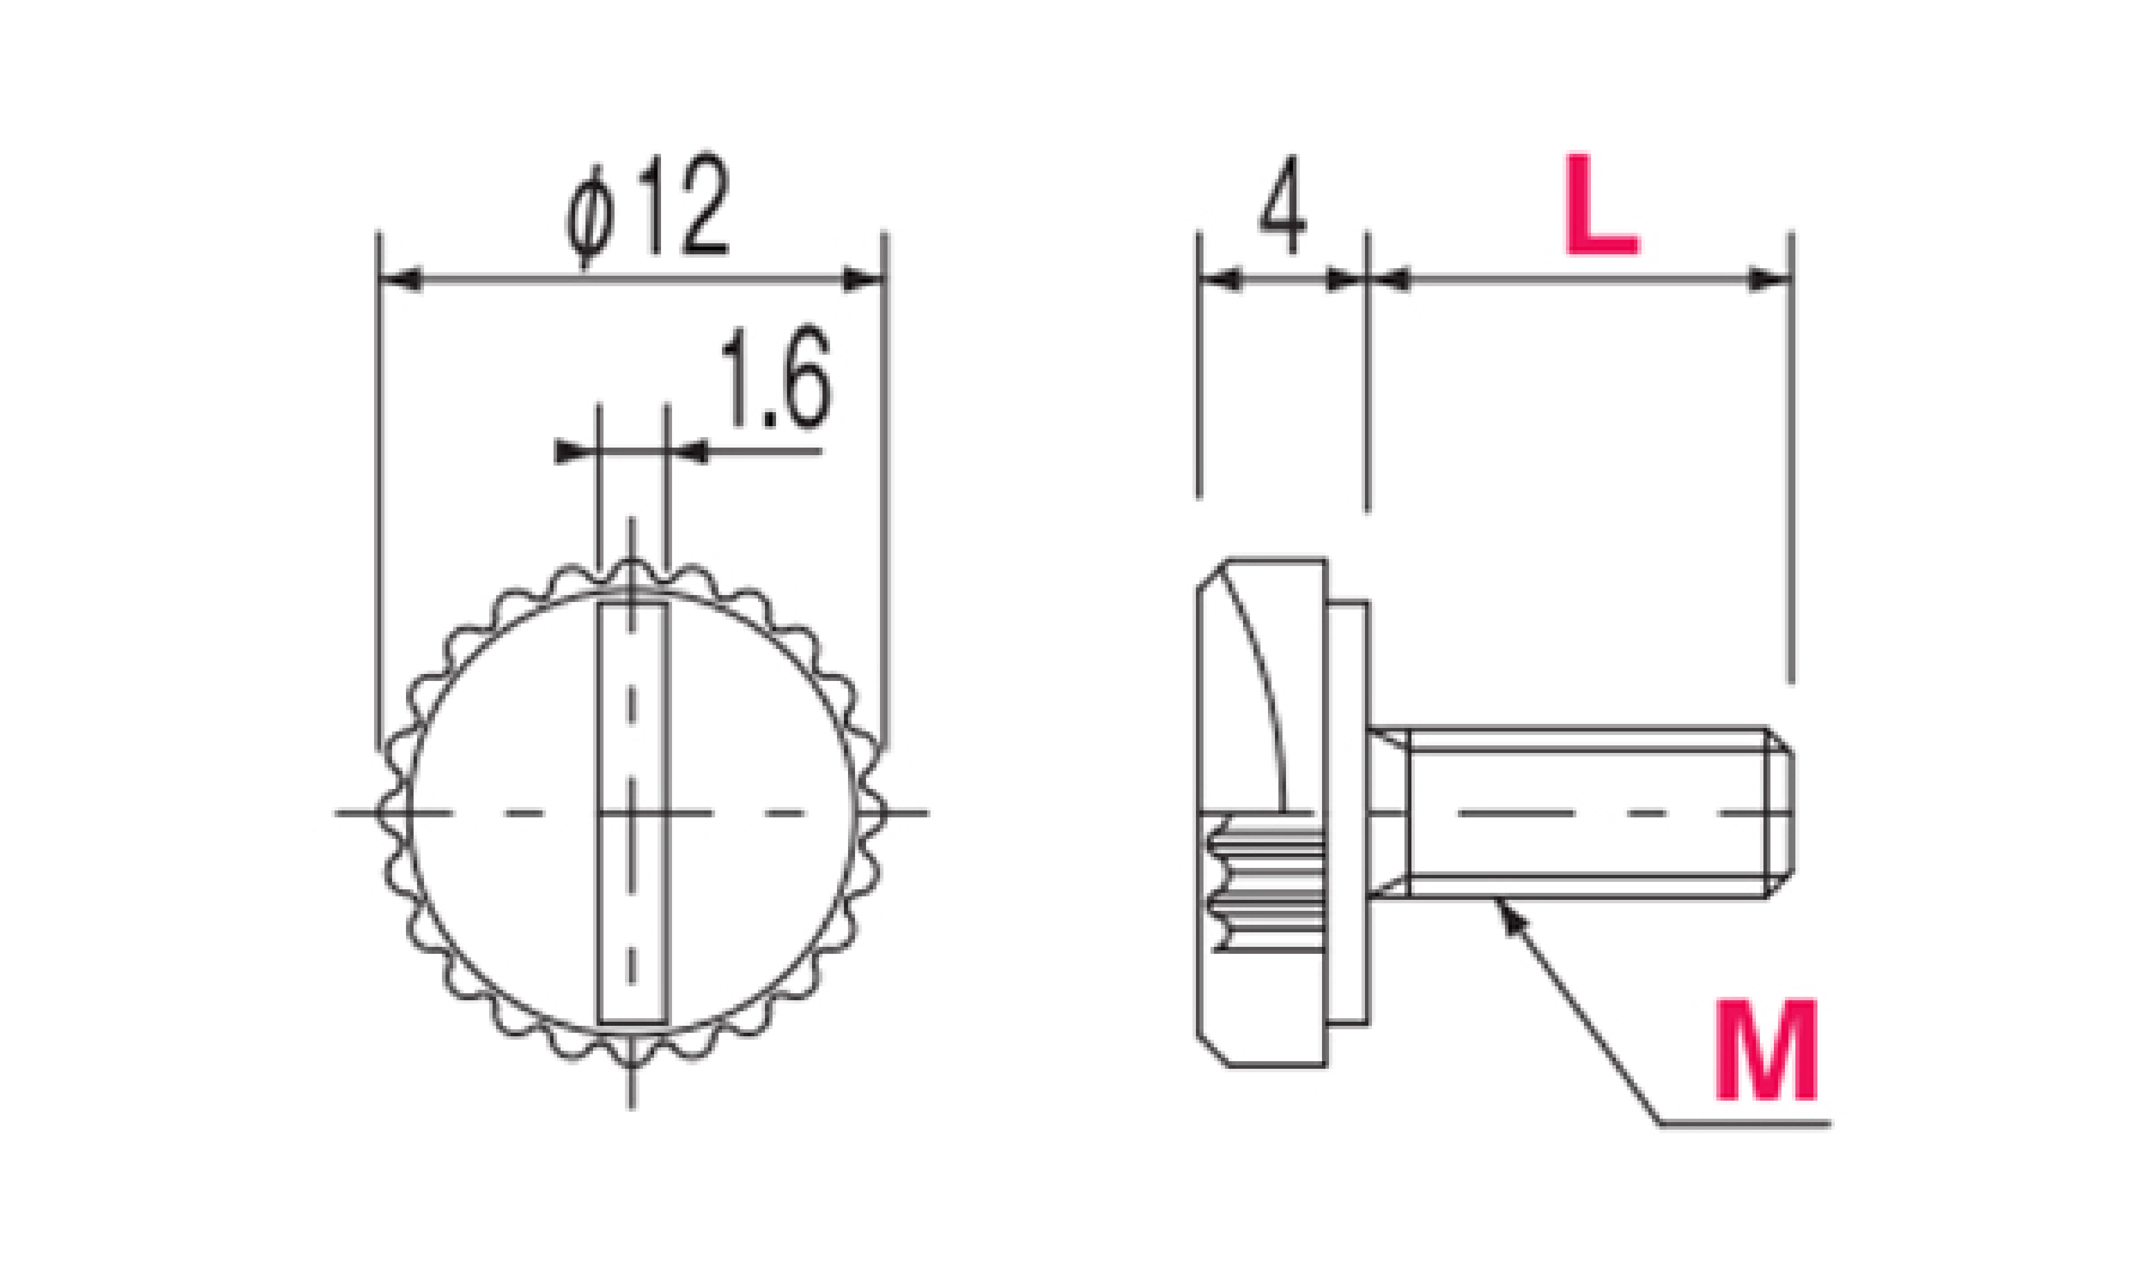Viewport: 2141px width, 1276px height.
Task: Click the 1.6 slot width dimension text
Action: click(x=776, y=379)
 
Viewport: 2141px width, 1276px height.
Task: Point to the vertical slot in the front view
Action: click(x=633, y=813)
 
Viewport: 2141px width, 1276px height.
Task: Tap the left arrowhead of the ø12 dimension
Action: click(x=400, y=279)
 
